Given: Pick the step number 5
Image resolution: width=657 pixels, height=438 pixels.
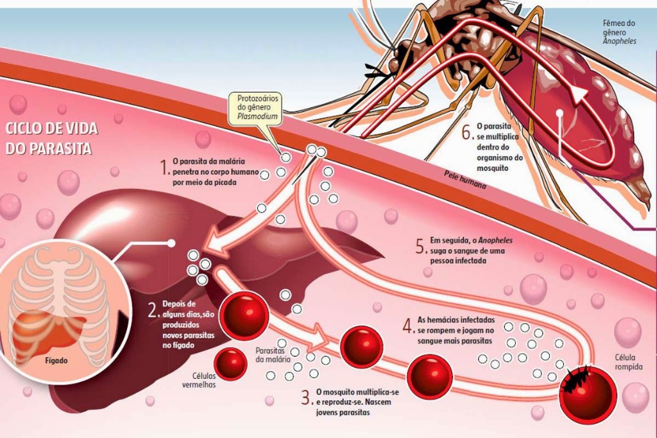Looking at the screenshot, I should [x=420, y=246].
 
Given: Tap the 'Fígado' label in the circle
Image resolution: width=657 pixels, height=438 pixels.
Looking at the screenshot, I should [x=58, y=361].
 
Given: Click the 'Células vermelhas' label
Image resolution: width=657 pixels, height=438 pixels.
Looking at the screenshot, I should [x=200, y=380].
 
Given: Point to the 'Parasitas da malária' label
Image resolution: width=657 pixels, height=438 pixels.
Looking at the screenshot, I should [x=273, y=355].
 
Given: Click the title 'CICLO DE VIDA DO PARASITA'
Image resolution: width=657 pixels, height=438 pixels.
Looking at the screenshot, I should [x=51, y=138].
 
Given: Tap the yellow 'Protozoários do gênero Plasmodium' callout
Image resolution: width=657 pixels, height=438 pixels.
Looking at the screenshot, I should [x=255, y=107].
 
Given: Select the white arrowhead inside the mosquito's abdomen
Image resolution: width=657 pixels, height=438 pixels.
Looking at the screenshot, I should [x=579, y=96].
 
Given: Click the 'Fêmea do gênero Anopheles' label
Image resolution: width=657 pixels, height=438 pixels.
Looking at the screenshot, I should [x=619, y=31].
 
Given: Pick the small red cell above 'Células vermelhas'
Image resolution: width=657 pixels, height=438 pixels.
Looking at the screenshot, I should [x=230, y=364].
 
